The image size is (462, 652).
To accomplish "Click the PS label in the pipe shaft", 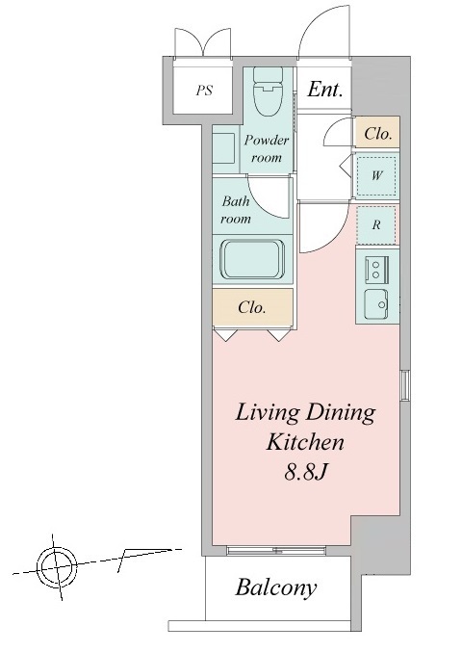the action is pyautogui.click(x=205, y=91).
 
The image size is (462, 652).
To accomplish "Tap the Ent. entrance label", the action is pyautogui.click(x=325, y=90).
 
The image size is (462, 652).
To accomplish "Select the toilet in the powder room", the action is pyautogui.click(x=268, y=91).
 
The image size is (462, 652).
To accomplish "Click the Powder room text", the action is pyautogui.click(x=267, y=148).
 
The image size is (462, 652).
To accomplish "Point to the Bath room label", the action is pyautogui.click(x=236, y=210).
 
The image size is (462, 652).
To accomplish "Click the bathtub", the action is pyautogui.click(x=253, y=260).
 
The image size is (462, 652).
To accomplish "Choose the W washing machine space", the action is pyautogui.click(x=376, y=176).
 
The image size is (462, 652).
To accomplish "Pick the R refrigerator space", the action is pyautogui.click(x=376, y=225).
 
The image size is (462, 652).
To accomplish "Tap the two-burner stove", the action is pyautogui.click(x=376, y=269).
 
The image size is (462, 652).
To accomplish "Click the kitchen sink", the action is pyautogui.click(x=376, y=304).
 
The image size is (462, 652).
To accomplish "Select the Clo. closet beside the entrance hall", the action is pyautogui.click(x=377, y=133).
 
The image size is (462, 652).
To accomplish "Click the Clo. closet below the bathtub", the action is pyautogui.click(x=253, y=307).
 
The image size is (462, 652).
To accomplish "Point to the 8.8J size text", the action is pyautogui.click(x=305, y=472).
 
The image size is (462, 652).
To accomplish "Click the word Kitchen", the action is pyautogui.click(x=305, y=442).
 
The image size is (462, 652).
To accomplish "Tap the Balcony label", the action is pyautogui.click(x=276, y=588).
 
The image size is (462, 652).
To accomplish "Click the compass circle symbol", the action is pyautogui.click(x=57, y=567).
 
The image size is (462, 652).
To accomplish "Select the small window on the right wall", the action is pyautogui.click(x=404, y=385).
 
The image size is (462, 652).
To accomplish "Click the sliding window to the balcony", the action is pyautogui.click(x=275, y=551).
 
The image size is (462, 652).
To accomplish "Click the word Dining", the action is pyautogui.click(x=341, y=414).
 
